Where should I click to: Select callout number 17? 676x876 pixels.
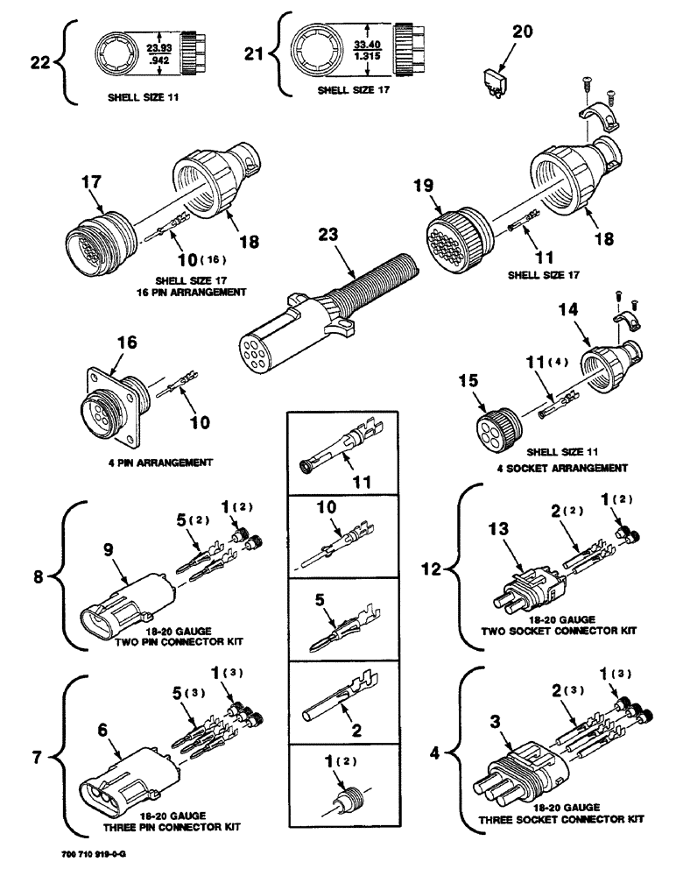[x=94, y=183]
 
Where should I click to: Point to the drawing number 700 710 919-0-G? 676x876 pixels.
[x=92, y=862]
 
